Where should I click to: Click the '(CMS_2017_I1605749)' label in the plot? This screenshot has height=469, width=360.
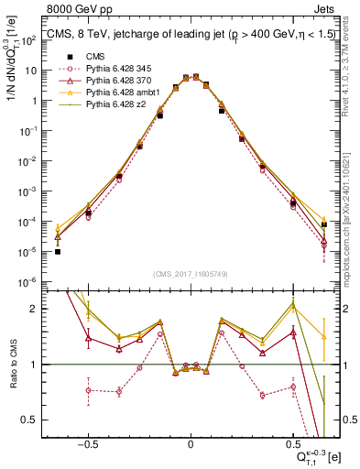pos(190,275)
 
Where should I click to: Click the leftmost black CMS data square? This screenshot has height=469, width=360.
pos(58,251)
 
